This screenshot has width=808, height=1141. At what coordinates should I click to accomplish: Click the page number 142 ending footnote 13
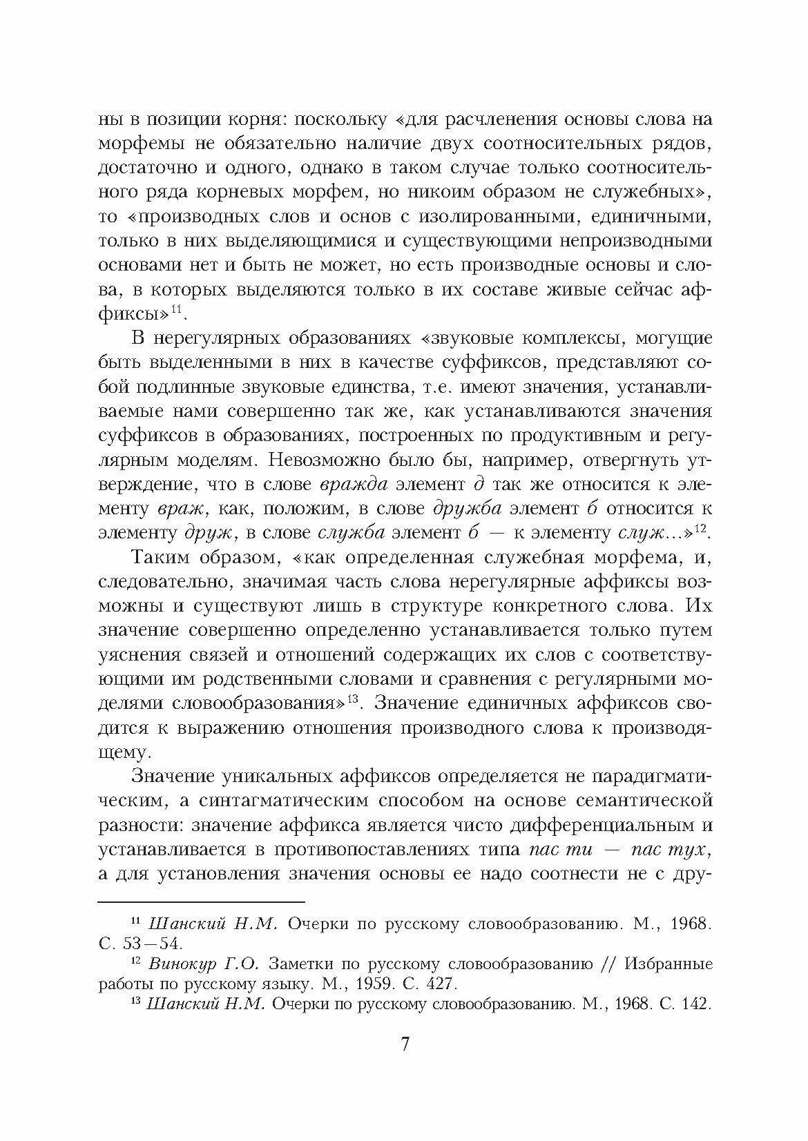[x=695, y=1004]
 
